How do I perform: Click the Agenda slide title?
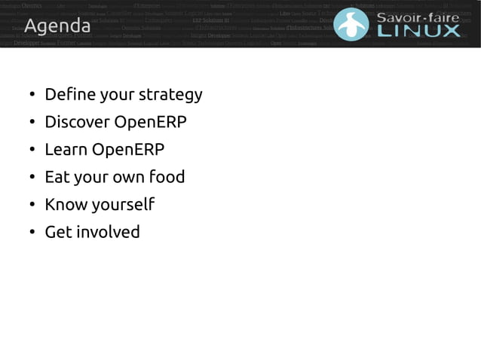click(x=57, y=28)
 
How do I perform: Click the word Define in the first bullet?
click(x=69, y=94)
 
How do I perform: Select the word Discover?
click(x=77, y=122)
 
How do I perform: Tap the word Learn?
click(x=66, y=149)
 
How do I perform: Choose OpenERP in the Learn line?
click(x=128, y=149)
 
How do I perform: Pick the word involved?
click(x=108, y=232)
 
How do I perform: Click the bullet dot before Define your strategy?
click(x=32, y=96)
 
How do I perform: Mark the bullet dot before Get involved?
click(x=32, y=233)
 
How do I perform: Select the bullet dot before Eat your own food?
click(x=32, y=178)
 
